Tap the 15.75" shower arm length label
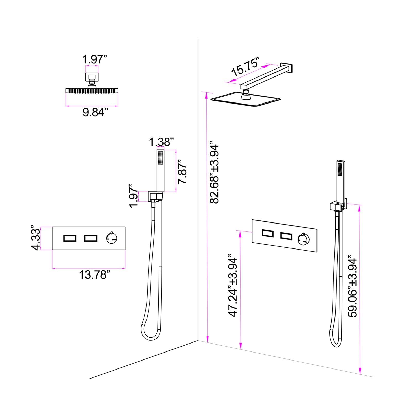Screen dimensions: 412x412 pos(245,67)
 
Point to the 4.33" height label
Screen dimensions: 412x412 pos(36,239)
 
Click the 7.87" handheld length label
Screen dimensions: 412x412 pos(183,172)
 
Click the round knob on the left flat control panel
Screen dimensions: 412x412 pos(112,238)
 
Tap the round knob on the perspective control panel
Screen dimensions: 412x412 pos(304,239)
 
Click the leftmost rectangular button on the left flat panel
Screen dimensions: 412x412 pos(70,238)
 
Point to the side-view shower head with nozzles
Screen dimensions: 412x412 pos(92,90)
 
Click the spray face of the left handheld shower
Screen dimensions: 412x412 pos(160,157)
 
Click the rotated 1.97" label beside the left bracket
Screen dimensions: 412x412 pos(134,196)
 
